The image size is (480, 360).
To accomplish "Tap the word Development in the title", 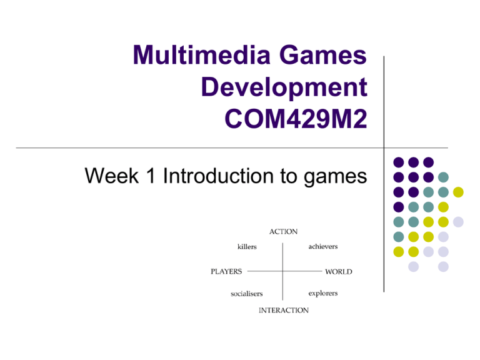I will coord(284,89).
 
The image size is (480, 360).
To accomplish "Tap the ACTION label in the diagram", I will coord(283,231).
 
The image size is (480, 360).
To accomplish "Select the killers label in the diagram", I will coord(247,247).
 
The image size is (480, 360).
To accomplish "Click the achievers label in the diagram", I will coord(323,247).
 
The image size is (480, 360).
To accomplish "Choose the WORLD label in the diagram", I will coord(338,272).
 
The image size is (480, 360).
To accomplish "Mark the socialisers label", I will coord(247,293).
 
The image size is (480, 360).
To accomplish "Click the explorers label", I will coord(323,293).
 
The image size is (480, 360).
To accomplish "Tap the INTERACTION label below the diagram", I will coord(284,310).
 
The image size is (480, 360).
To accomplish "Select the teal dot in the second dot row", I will coord(443,177).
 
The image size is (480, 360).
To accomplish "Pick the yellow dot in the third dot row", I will coord(458,192).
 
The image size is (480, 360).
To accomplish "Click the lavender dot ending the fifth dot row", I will coord(458,222).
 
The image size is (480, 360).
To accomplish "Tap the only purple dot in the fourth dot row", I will coord(398,207).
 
